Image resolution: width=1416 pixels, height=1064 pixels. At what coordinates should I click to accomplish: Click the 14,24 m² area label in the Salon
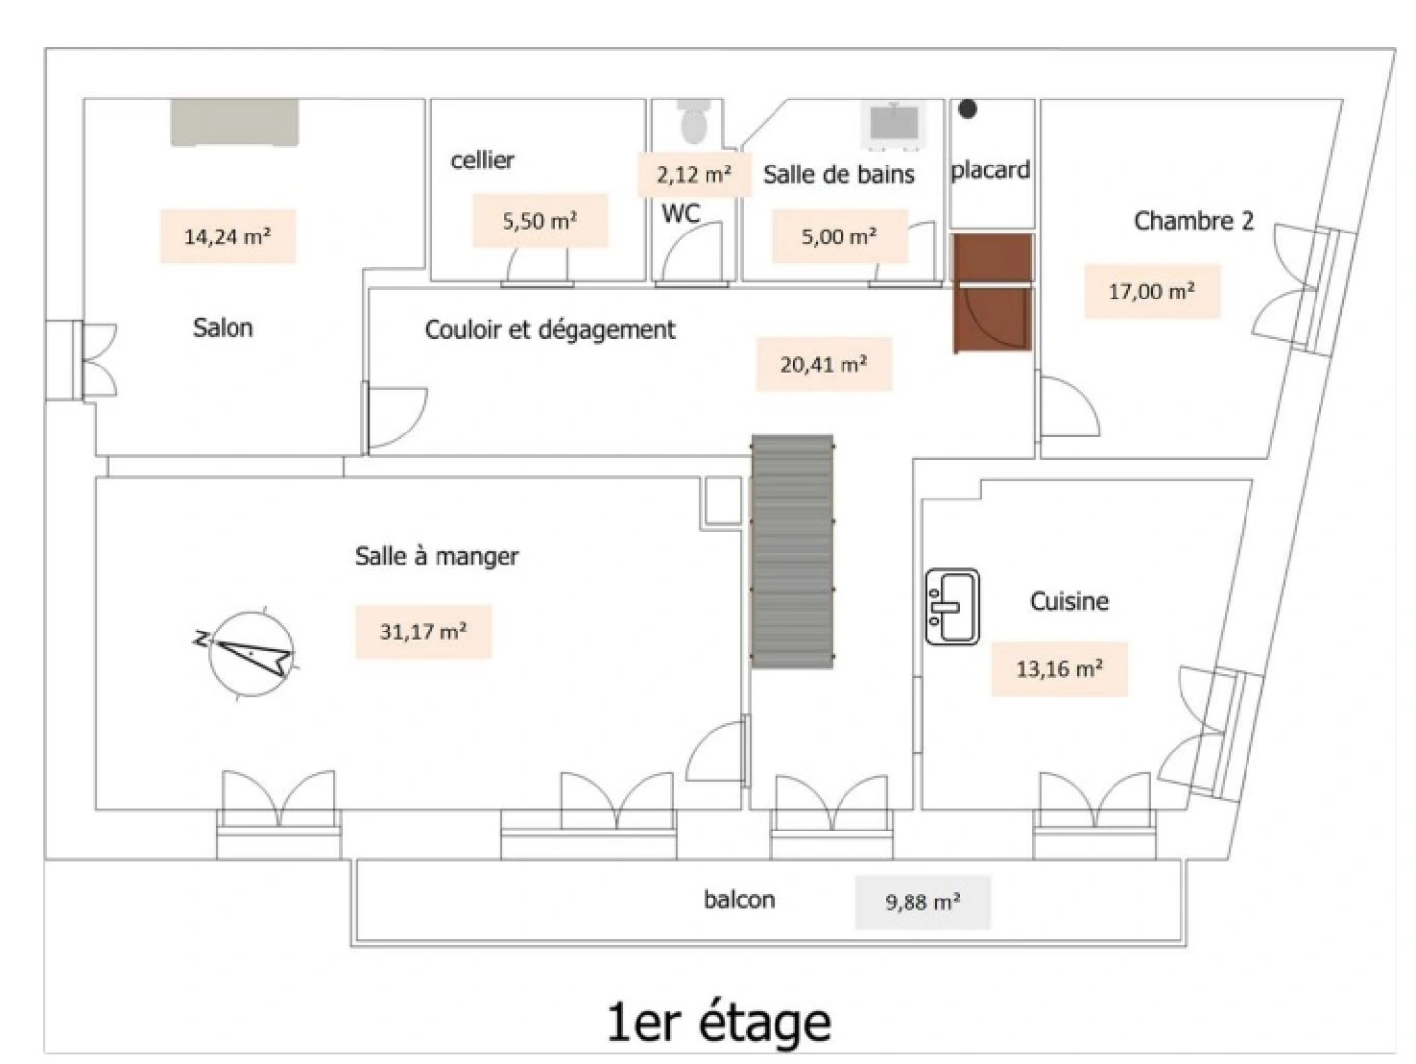pyautogui.click(x=228, y=236)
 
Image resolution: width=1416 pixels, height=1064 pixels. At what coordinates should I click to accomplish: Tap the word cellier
pyautogui.click(x=482, y=161)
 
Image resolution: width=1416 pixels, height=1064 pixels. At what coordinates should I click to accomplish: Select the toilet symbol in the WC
pyautogui.click(x=694, y=121)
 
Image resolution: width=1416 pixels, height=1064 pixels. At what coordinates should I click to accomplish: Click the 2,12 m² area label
pyautogui.click(x=694, y=175)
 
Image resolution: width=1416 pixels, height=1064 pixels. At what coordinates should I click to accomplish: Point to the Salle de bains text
pyautogui.click(x=839, y=175)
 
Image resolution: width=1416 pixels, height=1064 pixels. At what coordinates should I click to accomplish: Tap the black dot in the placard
pyautogui.click(x=968, y=109)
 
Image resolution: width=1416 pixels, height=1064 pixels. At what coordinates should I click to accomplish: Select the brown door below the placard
pyautogui.click(x=992, y=293)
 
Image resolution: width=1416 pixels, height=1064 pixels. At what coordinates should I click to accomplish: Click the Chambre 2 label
pyautogui.click(x=1193, y=221)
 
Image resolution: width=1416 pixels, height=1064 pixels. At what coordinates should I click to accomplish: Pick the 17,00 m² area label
pyautogui.click(x=1152, y=292)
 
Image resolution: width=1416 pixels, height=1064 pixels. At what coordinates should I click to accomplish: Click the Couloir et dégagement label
pyautogui.click(x=550, y=330)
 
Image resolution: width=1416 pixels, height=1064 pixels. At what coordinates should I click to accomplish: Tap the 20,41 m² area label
pyautogui.click(x=824, y=365)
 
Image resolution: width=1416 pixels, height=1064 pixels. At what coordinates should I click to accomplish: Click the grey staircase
pyautogui.click(x=792, y=552)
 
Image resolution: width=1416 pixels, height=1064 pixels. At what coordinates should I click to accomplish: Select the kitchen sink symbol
pyautogui.click(x=952, y=607)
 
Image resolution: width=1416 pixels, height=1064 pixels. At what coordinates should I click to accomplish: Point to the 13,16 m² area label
pyautogui.click(x=1059, y=670)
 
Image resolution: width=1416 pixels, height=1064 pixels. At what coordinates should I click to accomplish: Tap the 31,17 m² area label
pyautogui.click(x=424, y=632)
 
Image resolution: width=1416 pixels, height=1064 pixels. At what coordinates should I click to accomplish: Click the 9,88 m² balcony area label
pyautogui.click(x=922, y=902)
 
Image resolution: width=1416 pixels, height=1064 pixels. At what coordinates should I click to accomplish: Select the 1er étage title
pyautogui.click(x=718, y=1023)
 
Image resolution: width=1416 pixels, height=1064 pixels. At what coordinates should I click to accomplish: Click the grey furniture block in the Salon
pyautogui.click(x=235, y=122)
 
